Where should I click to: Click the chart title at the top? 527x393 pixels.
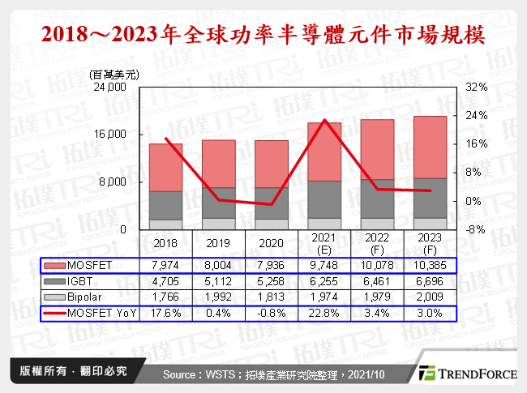263,35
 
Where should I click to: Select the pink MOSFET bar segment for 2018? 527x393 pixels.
165,167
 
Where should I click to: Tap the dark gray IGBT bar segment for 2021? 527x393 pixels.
323,199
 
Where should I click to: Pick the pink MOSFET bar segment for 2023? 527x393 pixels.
430,147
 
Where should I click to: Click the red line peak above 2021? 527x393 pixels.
324,120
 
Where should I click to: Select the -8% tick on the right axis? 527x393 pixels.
476,229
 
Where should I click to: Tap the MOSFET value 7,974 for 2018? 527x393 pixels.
165,266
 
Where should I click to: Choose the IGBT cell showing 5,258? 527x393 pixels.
271,281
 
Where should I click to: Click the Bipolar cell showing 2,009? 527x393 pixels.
430,297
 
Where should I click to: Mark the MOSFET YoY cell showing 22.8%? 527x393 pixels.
323,312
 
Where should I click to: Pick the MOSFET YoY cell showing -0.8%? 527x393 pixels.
271,312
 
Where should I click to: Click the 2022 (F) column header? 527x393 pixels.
376,244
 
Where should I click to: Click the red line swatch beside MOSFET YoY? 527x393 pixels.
56,312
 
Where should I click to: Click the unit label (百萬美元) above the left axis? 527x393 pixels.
114,75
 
